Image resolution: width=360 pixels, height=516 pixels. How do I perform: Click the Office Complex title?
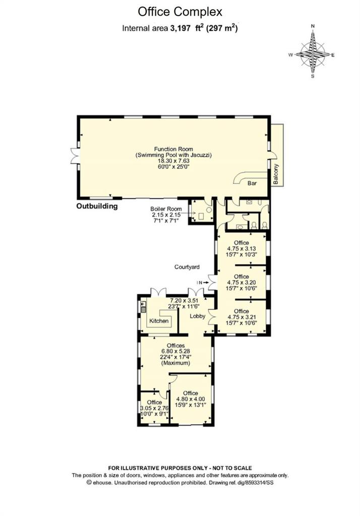pyautogui.click(x=180, y=12)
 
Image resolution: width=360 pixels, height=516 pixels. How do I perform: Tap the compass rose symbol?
pyautogui.click(x=313, y=52)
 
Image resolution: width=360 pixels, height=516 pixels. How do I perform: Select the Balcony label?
pyautogui.click(x=276, y=174)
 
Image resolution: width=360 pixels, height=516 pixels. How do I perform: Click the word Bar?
pyautogui.click(x=252, y=183)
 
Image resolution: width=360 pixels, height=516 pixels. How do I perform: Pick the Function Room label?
pyautogui.click(x=173, y=149)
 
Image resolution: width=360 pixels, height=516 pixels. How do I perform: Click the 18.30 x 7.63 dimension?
pyautogui.click(x=173, y=161)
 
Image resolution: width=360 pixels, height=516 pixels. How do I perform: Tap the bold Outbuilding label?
pyautogui.click(x=97, y=206)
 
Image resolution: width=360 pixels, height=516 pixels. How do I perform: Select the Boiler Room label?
pyautogui.click(x=166, y=209)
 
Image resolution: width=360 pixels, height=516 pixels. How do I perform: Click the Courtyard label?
pyautogui.click(x=187, y=267)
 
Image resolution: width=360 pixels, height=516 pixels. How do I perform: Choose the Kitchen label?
pyautogui.click(x=159, y=321)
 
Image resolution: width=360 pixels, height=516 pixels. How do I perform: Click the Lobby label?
pyautogui.click(x=197, y=316)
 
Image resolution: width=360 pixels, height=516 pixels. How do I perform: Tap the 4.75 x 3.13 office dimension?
pyautogui.click(x=242, y=249)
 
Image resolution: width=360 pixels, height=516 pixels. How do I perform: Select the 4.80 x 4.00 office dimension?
pyautogui.click(x=191, y=399)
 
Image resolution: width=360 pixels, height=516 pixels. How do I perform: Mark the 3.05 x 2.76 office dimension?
pyautogui.click(x=154, y=408)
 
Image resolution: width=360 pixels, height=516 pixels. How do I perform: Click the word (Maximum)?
pyautogui.click(x=175, y=363)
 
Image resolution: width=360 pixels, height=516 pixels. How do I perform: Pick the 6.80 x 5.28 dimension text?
pyautogui.click(x=175, y=351)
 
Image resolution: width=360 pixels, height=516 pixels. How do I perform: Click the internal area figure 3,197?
pyautogui.click(x=180, y=28)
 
